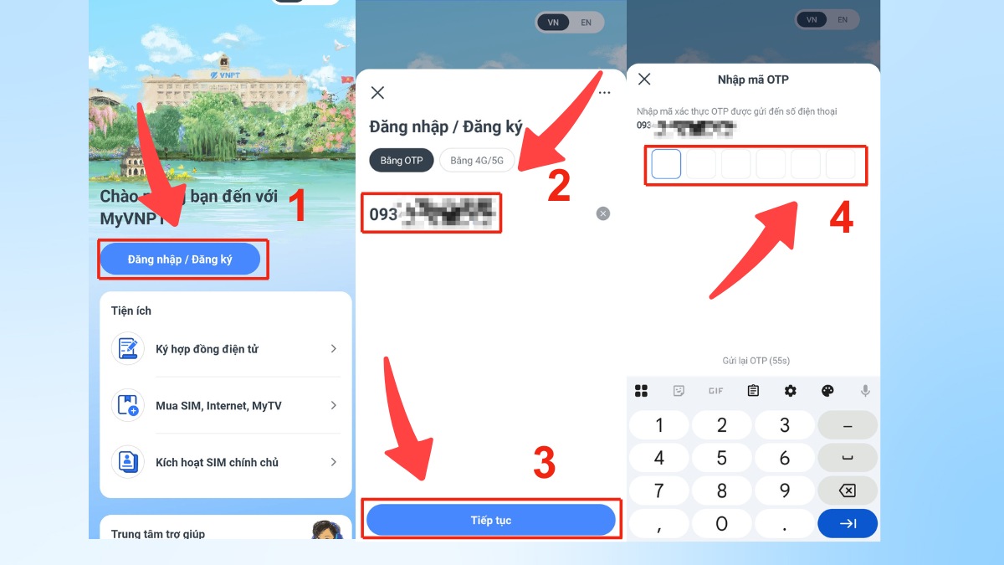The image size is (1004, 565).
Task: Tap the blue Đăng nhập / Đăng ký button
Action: [180, 259]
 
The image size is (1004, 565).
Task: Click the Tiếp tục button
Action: [491, 521]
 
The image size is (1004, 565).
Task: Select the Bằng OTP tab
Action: [402, 161]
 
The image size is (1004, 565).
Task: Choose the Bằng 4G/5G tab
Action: [477, 161]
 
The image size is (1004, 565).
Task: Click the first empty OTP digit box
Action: [666, 164]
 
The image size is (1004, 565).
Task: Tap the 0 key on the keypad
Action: [721, 524]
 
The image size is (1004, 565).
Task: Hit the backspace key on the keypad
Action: [847, 491]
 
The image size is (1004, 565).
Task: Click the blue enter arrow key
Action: [847, 524]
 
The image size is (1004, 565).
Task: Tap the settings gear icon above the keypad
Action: [790, 391]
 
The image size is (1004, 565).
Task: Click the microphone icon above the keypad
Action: [865, 391]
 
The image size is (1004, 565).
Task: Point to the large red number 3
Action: [545, 463]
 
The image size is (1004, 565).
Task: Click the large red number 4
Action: [840, 219]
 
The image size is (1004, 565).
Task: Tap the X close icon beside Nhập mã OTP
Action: [644, 80]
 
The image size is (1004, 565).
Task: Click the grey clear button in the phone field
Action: [602, 214]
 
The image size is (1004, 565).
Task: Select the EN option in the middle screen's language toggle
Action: [586, 23]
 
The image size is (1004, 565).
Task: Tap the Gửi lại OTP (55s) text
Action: [756, 361]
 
